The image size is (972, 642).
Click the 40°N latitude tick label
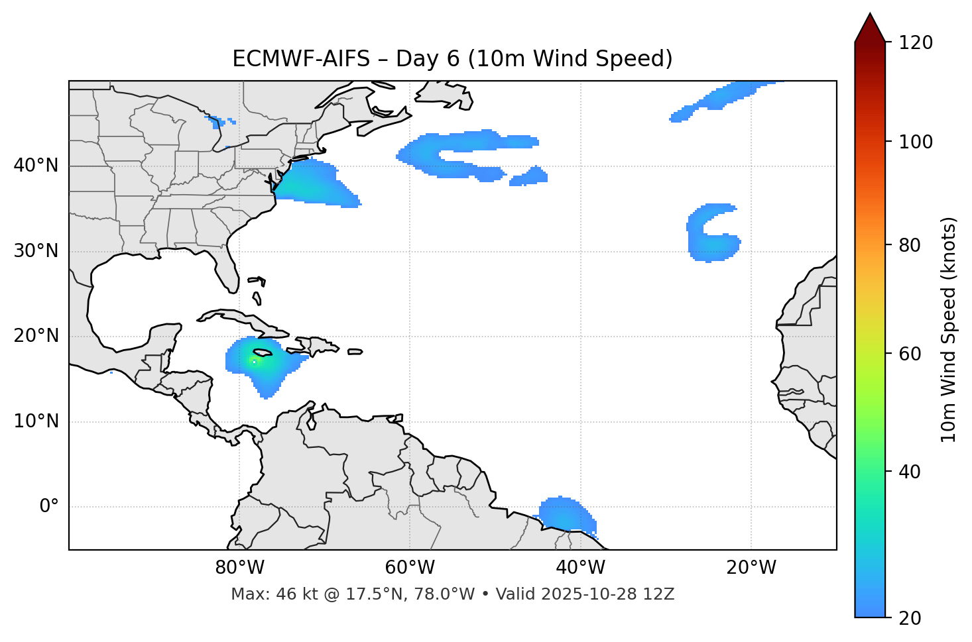(x=36, y=166)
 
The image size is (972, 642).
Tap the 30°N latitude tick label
(x=36, y=251)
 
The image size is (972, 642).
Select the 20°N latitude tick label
(x=36, y=336)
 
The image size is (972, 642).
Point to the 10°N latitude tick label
(x=36, y=421)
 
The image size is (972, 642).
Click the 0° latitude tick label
(x=49, y=507)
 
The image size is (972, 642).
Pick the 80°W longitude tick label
(x=239, y=568)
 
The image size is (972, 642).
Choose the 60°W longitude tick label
(x=410, y=568)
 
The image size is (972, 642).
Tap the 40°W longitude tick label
(x=580, y=568)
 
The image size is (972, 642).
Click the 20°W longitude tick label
(x=751, y=568)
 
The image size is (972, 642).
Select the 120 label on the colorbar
(x=916, y=43)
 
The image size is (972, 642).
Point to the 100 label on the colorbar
(x=916, y=142)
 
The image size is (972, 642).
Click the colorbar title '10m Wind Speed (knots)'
(x=949, y=329)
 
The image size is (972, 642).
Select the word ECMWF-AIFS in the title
(x=301, y=59)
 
